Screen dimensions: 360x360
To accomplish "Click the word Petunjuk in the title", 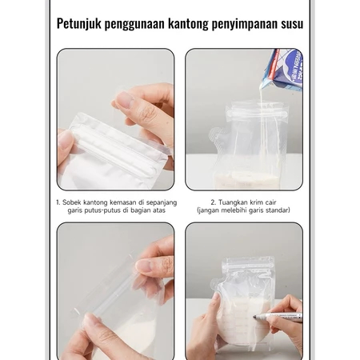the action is [x=78, y=23].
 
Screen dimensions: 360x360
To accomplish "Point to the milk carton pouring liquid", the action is [x=283, y=70].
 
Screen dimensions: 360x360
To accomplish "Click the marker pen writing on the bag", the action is [x=278, y=316].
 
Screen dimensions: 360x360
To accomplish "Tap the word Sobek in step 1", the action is [x=71, y=202].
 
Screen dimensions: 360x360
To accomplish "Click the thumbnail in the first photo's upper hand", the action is [x=126, y=100].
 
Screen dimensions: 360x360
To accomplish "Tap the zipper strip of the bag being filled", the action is [x=257, y=115].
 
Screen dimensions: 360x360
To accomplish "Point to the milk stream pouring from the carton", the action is [x=262, y=134].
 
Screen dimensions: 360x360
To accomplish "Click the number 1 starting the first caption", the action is [x=58, y=202].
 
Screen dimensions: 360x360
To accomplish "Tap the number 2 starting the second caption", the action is [x=214, y=202].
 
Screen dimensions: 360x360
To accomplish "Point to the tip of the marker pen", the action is [x=254, y=317].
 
